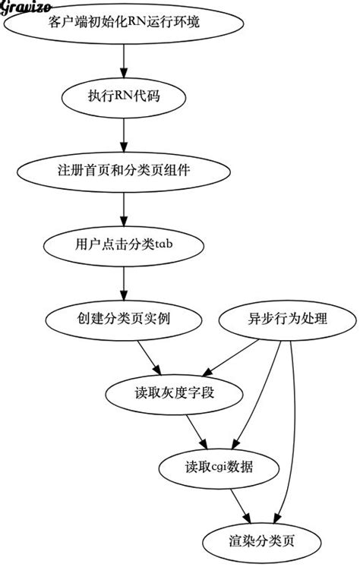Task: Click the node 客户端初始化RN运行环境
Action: [124, 23]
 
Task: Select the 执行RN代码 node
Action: [124, 96]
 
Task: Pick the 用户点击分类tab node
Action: [124, 244]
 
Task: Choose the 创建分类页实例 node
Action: [124, 319]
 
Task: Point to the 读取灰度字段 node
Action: [175, 393]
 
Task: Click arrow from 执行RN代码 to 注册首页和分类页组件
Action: [124, 134]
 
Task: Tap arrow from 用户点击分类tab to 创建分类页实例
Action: [124, 282]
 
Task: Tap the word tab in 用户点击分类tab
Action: [166, 244]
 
